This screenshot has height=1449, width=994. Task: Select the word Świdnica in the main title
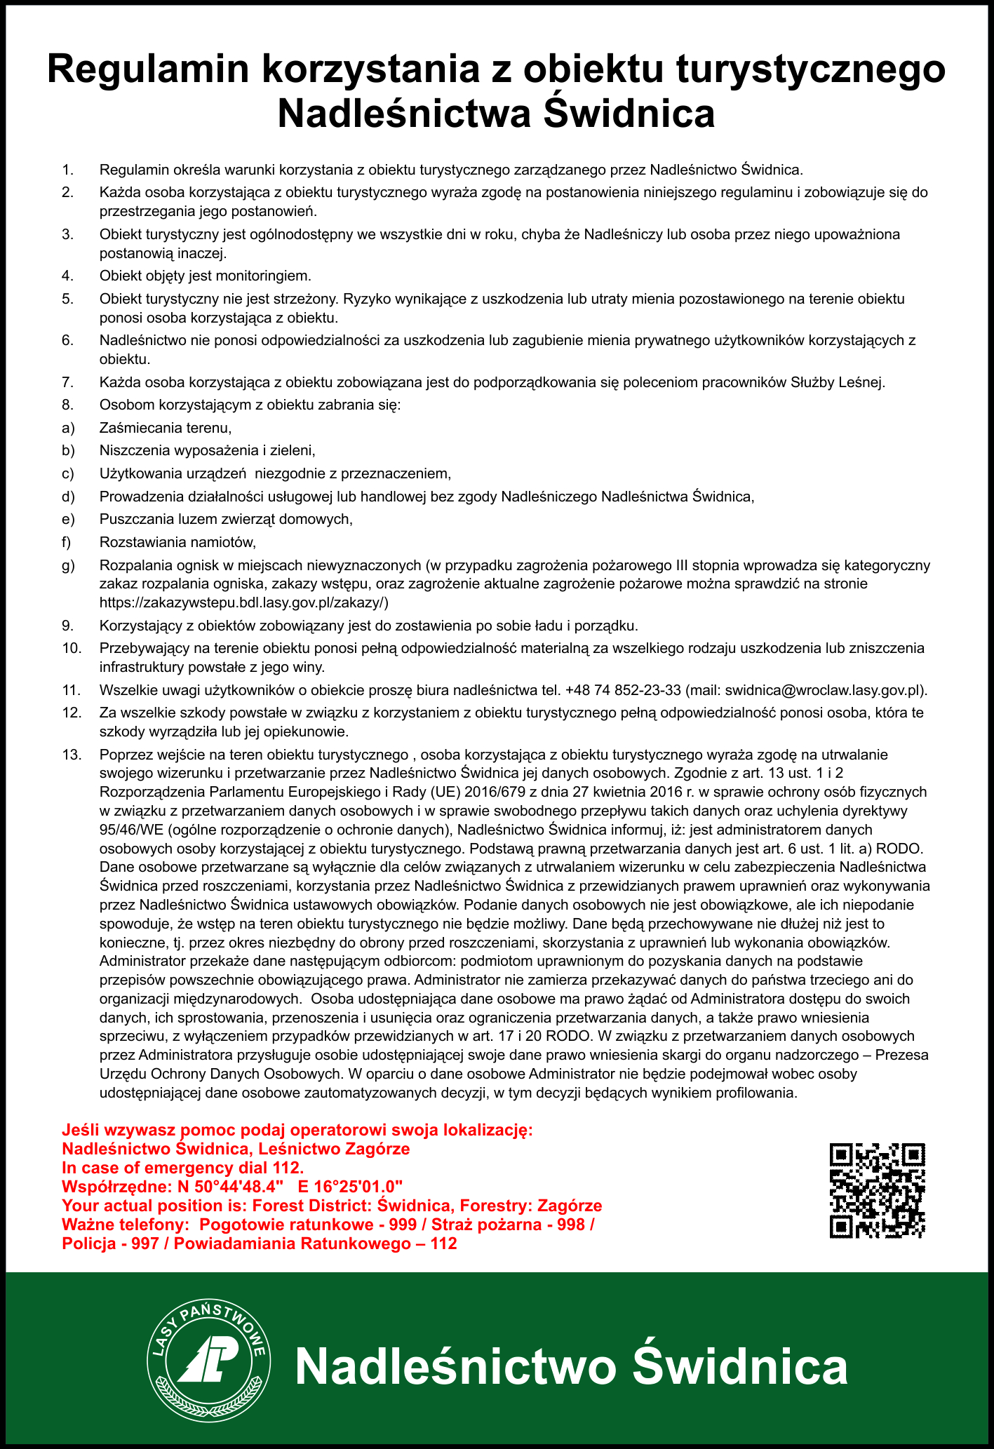[629, 114]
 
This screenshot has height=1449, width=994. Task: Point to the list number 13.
[72, 755]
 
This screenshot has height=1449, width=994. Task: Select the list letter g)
[68, 565]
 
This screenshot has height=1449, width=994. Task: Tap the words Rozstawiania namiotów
[177, 542]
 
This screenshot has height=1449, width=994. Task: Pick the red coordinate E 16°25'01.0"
[350, 1187]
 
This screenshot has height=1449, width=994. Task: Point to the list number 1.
[68, 169]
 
